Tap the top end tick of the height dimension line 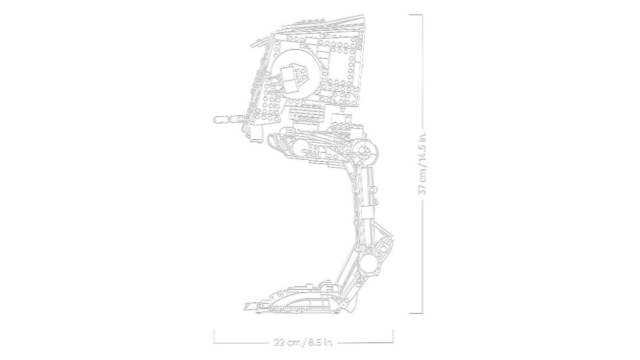(x=416, y=14)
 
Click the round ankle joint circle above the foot (x=368, y=262)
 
